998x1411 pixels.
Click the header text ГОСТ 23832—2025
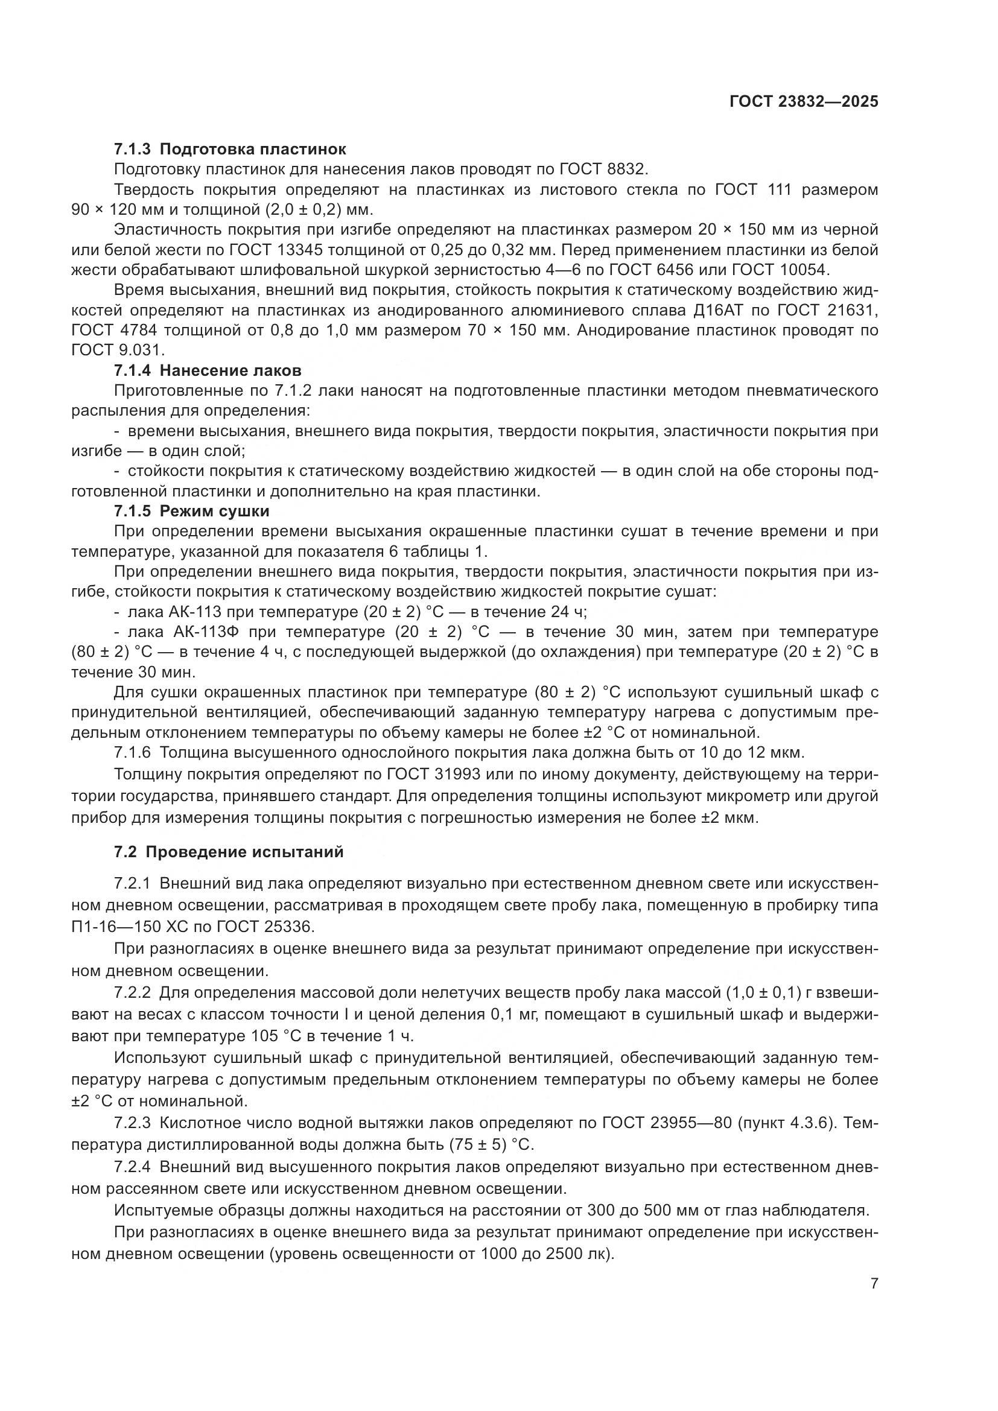(x=804, y=101)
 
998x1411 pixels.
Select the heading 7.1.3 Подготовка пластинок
(x=230, y=149)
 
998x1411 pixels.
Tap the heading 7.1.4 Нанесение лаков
(x=208, y=370)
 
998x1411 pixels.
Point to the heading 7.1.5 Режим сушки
(x=192, y=512)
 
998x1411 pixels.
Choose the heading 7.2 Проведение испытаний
(x=229, y=852)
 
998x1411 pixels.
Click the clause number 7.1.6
(x=132, y=752)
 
